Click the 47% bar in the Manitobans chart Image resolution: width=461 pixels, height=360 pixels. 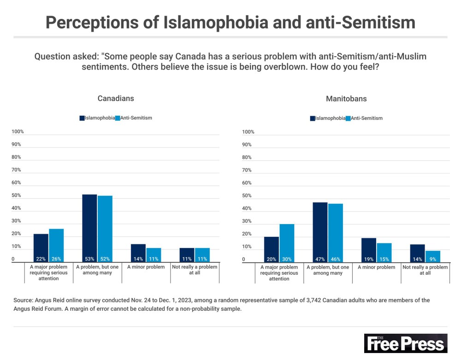(320, 232)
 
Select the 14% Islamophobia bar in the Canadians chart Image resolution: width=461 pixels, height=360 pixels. (138, 253)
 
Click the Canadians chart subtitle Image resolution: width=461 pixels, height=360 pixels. (116, 99)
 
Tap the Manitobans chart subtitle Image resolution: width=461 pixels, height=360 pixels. (346, 99)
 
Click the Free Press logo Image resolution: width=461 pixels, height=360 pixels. (405, 343)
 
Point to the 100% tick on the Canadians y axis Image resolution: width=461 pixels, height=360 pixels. (18, 132)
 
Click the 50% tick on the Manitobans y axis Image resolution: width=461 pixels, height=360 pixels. (247, 196)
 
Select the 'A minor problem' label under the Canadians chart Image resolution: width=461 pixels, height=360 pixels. (146, 267)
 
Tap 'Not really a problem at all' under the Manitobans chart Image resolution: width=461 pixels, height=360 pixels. (425, 270)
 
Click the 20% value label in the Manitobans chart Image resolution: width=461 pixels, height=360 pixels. (272, 260)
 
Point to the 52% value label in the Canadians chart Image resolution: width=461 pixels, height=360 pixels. (105, 259)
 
